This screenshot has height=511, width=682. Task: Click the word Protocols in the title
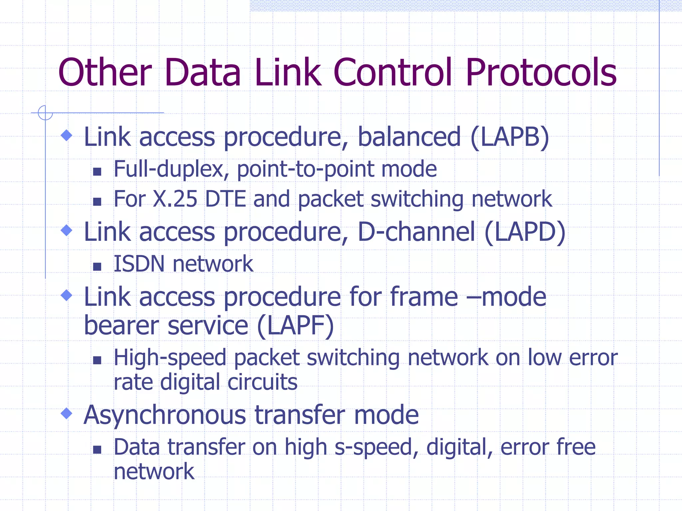click(x=541, y=73)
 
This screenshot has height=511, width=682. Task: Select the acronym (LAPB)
click(x=510, y=137)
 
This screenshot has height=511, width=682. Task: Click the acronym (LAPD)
click(x=525, y=232)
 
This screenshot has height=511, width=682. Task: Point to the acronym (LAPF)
click(x=295, y=326)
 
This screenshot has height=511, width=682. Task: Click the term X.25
click(x=175, y=199)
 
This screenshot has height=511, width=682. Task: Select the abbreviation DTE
click(x=225, y=199)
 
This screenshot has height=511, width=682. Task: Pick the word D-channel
click(x=416, y=232)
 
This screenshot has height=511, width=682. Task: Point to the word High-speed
click(x=170, y=358)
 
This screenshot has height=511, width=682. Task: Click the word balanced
click(x=409, y=137)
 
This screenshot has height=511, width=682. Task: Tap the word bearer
click(x=122, y=326)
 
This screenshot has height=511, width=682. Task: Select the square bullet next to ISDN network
click(x=97, y=266)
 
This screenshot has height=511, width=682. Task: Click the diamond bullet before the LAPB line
click(x=67, y=135)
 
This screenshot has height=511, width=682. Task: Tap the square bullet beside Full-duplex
click(x=97, y=172)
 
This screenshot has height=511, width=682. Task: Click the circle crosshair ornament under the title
click(x=45, y=113)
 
